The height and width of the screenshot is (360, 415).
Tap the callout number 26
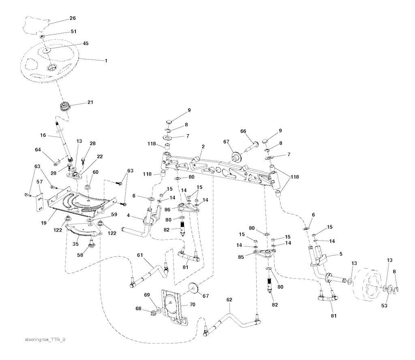[73, 18]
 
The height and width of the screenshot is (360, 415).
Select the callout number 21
[90, 102]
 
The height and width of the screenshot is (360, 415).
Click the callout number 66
[243, 131]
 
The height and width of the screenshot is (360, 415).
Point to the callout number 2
[203, 146]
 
